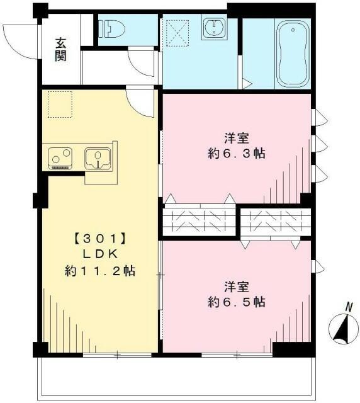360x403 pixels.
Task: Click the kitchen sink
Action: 98,157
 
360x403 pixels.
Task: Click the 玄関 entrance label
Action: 61,50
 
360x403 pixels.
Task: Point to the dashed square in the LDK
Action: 60,103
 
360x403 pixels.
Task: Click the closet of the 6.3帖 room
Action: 200,220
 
